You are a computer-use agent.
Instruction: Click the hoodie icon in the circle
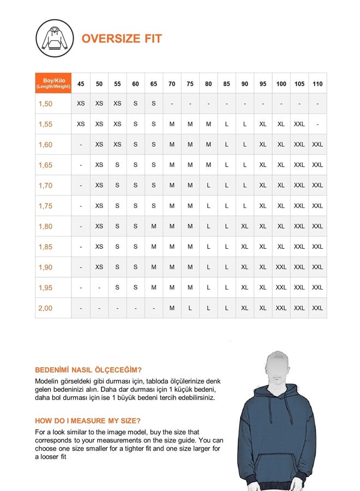tap(55, 38)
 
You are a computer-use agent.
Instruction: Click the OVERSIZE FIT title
tap(122, 39)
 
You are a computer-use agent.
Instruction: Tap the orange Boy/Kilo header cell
tap(53, 83)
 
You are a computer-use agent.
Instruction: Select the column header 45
tap(81, 84)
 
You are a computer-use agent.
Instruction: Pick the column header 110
tap(317, 84)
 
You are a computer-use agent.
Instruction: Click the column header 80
tap(208, 84)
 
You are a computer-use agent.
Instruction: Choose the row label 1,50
tap(46, 104)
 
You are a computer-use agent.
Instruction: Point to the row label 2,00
tap(46, 308)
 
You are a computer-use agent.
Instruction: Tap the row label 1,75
tap(46, 206)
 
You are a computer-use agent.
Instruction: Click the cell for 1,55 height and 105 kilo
tap(299, 124)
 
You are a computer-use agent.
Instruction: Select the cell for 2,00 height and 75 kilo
tap(190, 308)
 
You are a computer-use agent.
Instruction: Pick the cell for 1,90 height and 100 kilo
tap(281, 267)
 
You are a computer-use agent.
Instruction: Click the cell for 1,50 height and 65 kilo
tap(154, 104)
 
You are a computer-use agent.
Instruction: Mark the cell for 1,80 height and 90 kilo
tap(244, 226)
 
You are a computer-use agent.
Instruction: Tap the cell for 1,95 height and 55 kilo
tap(117, 288)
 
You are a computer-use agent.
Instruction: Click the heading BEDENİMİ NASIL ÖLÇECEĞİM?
tap(88, 369)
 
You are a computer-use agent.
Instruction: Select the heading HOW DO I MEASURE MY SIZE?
tap(88, 421)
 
